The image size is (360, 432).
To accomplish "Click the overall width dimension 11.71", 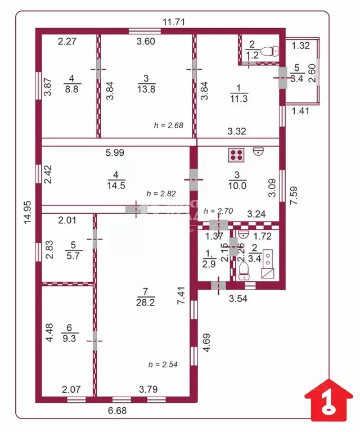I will click(x=174, y=22).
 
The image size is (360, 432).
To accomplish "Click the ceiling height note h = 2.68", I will click(x=169, y=125).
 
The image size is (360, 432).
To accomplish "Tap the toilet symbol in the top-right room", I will click(x=271, y=52).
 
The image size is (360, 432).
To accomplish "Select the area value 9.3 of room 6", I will click(x=71, y=337).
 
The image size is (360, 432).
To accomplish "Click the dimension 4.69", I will click(x=206, y=343).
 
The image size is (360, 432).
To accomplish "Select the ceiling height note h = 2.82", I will click(x=161, y=193).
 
